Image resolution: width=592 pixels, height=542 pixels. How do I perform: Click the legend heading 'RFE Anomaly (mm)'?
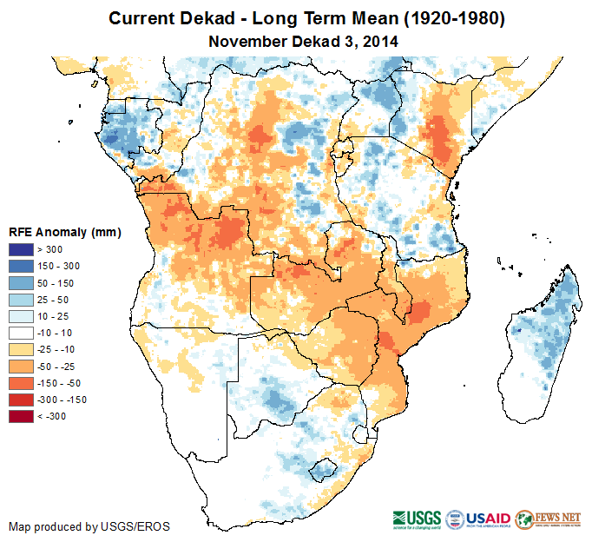pos(64,233)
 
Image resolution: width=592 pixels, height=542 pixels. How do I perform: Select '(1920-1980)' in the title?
pos(449,18)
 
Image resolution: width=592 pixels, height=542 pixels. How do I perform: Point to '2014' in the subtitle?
pos(382,41)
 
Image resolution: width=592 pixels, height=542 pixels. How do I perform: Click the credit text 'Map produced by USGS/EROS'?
pos(89,526)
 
